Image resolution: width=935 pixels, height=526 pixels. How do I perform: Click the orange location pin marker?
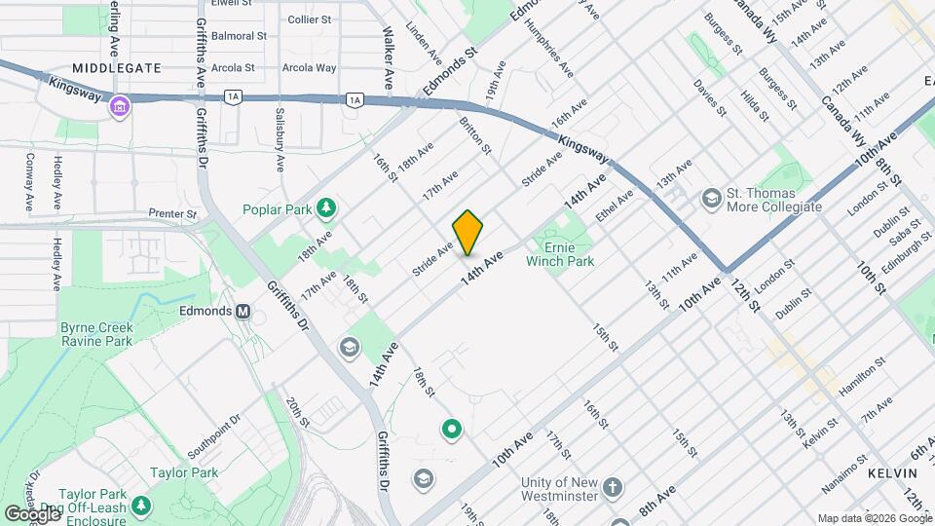[x=468, y=232]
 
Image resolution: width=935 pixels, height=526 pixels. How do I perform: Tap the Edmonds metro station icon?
[x=244, y=312]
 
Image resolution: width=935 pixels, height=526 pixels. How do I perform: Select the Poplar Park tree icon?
[x=327, y=207]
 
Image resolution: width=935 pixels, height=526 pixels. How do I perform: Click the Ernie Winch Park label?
[x=560, y=253]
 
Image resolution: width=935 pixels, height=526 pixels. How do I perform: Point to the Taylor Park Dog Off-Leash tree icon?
[x=142, y=506]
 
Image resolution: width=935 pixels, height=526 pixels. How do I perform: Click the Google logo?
[x=32, y=513]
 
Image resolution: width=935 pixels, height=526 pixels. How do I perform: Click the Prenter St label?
[x=172, y=213]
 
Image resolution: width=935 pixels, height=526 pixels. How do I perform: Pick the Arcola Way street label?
[x=309, y=68]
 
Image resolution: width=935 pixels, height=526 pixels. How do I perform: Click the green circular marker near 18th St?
[x=451, y=428]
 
